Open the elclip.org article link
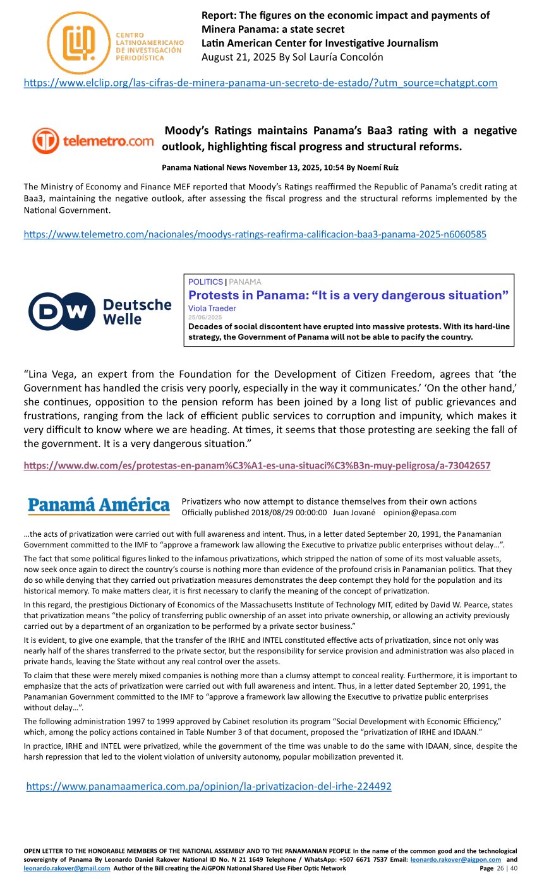click(x=260, y=83)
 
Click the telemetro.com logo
click(x=92, y=141)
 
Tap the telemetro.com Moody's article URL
click(x=255, y=234)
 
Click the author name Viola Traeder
click(x=212, y=308)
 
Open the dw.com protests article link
click(x=256, y=465)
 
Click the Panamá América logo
click(x=99, y=506)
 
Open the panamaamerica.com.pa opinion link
click(x=208, y=786)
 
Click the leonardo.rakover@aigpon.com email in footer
click(x=456, y=859)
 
